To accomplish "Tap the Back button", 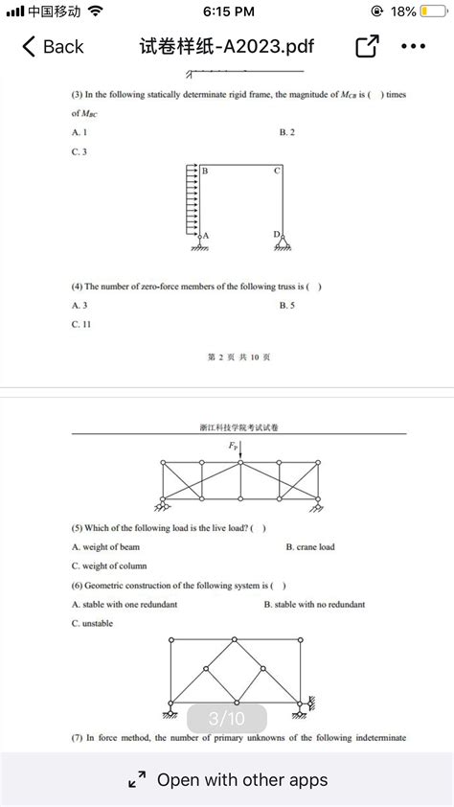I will pyautogui.click(x=53, y=46).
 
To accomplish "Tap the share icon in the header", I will pyautogui.click(x=367, y=46).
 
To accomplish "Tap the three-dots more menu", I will pyautogui.click(x=414, y=46).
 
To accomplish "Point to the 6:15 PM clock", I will pyautogui.click(x=229, y=12).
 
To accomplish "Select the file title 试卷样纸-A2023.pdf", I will pyautogui.click(x=227, y=46).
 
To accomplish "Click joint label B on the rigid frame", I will pyautogui.click(x=204, y=171).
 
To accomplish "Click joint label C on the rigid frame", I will pyautogui.click(x=276, y=171).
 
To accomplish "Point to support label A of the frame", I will pyautogui.click(x=206, y=235).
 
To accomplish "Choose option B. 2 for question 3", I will pyautogui.click(x=287, y=132).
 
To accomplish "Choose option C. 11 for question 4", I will pyautogui.click(x=81, y=324).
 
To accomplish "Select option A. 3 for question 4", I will pyautogui.click(x=79, y=305).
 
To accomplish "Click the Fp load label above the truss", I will pyautogui.click(x=234, y=447).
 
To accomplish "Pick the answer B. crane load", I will pyautogui.click(x=310, y=547).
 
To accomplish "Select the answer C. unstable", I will pyautogui.click(x=93, y=623).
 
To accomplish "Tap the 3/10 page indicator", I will pyautogui.click(x=227, y=718).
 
